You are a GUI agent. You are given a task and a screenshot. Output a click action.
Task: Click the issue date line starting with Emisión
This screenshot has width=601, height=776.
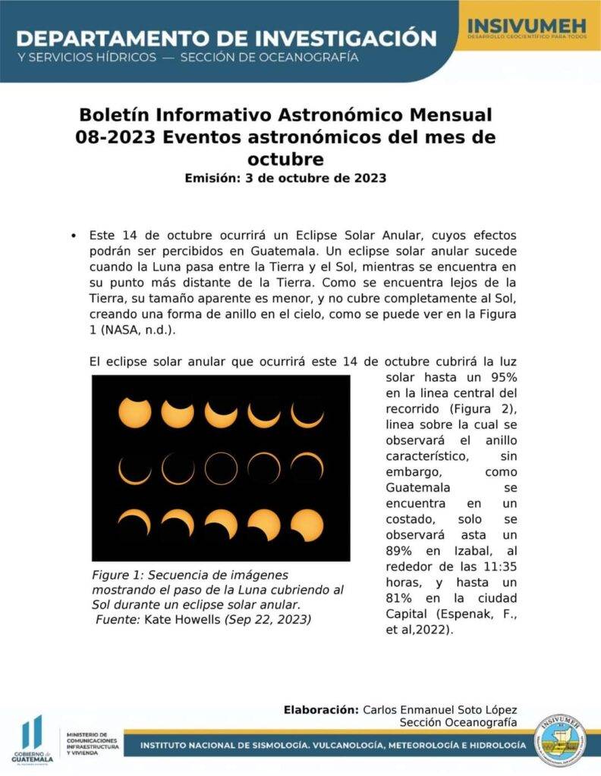285,179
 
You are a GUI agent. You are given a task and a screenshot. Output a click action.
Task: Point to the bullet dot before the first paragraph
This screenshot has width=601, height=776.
73,236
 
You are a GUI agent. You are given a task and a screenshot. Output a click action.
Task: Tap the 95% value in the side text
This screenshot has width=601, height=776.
499,377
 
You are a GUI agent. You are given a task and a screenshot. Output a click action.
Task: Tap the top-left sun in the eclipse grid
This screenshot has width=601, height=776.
134,412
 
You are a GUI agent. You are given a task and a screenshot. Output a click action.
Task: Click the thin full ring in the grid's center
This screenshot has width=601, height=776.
221,468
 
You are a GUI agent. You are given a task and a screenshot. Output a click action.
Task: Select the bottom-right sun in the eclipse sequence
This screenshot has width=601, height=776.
307,524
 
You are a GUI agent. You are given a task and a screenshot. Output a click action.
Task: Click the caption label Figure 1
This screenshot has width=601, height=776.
118,576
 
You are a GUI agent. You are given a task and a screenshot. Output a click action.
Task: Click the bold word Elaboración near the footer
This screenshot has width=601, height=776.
320,709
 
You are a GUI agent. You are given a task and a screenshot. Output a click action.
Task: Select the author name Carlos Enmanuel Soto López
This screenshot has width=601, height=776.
440,709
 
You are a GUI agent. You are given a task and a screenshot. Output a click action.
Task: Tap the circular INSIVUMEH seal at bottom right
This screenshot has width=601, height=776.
560,740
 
